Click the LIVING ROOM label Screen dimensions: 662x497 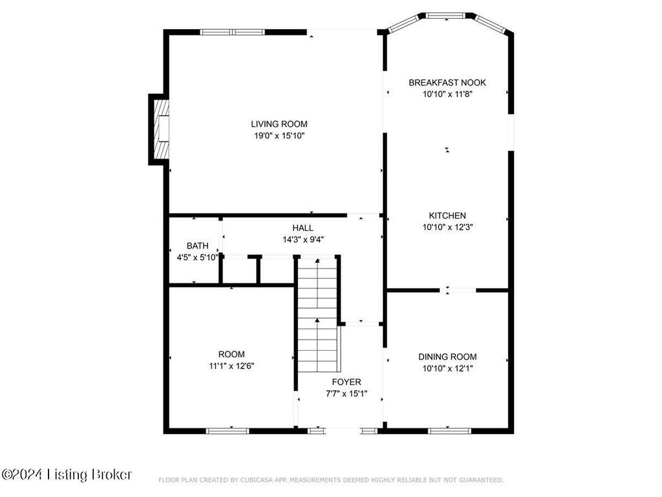click(279, 124)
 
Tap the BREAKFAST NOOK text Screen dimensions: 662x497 click(447, 83)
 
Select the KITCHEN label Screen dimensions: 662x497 click(447, 215)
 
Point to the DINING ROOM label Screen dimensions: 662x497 click(447, 357)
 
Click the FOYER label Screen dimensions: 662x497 click(347, 382)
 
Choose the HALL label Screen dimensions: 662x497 click(303, 228)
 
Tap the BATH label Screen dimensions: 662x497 click(198, 245)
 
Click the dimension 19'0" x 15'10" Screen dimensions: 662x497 click(279, 136)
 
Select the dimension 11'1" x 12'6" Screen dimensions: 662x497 click(231, 366)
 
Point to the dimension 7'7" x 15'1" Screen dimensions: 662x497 click(347, 394)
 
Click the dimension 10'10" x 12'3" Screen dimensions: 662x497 click(447, 227)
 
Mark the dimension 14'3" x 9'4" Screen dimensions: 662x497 click(303, 239)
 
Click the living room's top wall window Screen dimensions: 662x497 click(232, 32)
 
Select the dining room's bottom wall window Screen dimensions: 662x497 click(449, 431)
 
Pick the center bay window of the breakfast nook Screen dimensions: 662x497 click(445, 16)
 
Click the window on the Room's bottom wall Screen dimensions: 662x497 click(228, 431)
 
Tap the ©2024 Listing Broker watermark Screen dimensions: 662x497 click(67, 474)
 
